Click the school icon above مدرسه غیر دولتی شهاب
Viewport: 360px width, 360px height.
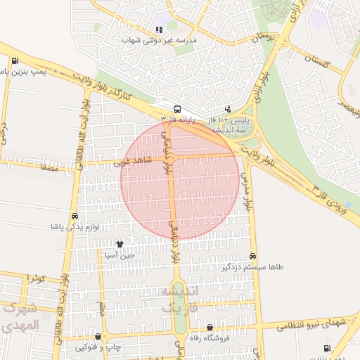(x=159, y=30)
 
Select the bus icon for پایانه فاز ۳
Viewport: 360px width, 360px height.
(x=177, y=109)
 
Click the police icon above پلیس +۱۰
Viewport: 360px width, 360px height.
(x=228, y=109)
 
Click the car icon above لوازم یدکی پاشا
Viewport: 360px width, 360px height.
(x=74, y=216)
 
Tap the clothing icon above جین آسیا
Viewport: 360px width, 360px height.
(x=120, y=244)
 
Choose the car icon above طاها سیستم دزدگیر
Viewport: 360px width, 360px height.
(x=252, y=257)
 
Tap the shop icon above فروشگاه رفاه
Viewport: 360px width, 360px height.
(x=210, y=327)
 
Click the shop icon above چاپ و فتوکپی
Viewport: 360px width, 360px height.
(x=98, y=337)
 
